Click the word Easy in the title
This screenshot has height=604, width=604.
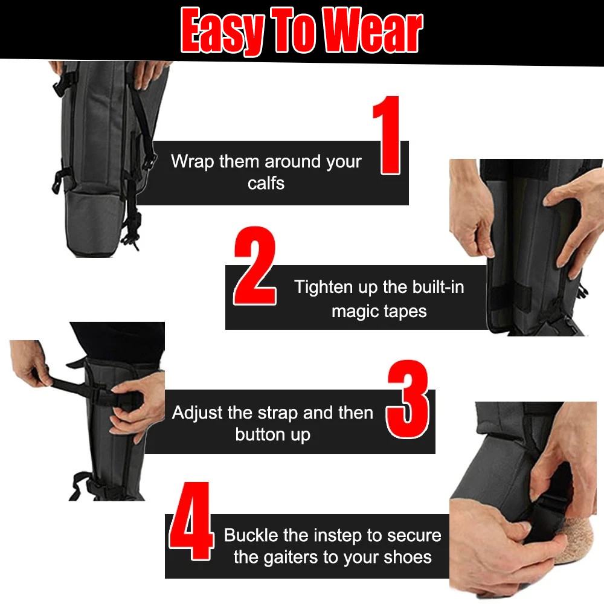(x=222, y=30)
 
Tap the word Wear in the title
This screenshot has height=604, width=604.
(x=372, y=30)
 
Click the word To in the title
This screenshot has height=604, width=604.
(x=295, y=30)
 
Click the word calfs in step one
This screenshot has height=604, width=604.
(x=266, y=184)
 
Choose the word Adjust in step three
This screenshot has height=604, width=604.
(x=197, y=413)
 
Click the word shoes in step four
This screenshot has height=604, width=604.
(x=406, y=557)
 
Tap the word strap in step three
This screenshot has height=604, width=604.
(x=277, y=413)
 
